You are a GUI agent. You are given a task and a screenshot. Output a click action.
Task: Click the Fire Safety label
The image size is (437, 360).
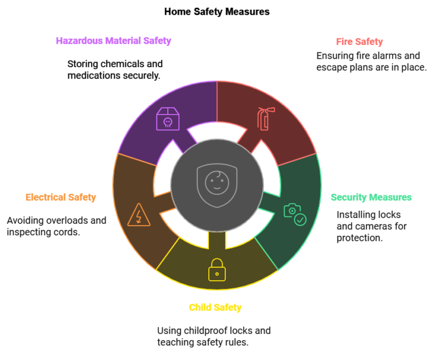click(359, 42)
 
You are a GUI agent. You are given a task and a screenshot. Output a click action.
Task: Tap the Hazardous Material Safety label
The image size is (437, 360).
click(113, 41)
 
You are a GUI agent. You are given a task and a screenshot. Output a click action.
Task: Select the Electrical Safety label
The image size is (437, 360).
click(61, 198)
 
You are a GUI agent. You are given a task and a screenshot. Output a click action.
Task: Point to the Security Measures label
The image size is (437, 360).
click(371, 198)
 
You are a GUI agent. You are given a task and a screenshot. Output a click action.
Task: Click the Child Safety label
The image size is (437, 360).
click(215, 308)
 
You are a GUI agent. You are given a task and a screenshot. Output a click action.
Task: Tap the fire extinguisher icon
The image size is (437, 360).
click(265, 118)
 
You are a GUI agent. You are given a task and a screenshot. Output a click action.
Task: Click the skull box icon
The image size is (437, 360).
click(168, 119)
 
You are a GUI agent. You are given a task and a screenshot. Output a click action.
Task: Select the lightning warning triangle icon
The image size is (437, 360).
click(139, 215)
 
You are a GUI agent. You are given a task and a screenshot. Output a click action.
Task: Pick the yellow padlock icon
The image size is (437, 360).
click(217, 270)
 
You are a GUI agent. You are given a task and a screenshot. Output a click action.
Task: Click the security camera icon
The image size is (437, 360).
click(292, 210)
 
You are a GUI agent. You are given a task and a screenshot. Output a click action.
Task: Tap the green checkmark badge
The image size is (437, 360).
click(300, 219)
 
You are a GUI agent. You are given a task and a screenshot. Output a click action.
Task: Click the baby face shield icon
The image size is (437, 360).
click(217, 185)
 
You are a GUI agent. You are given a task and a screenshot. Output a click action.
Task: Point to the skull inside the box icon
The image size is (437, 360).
click(168, 122)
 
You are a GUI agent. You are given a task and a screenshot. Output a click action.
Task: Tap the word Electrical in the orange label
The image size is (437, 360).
click(45, 198)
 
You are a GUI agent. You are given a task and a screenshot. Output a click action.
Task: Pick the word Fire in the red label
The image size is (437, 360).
click(344, 42)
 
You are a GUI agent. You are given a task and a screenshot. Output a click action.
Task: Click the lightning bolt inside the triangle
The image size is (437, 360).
click(139, 217)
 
